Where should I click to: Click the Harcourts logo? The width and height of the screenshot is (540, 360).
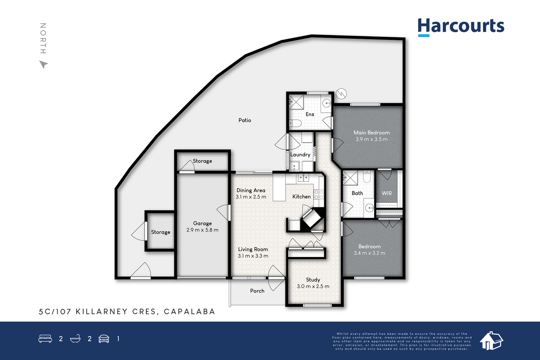pos(461,27)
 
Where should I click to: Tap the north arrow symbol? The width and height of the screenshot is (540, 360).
pos(44,64)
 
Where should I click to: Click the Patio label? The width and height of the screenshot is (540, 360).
pos(245,120)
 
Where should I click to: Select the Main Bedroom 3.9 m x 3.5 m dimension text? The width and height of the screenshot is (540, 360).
pos(372,139)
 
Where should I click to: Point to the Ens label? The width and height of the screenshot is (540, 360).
pos(310,114)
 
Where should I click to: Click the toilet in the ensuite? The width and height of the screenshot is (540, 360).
pos(295,123)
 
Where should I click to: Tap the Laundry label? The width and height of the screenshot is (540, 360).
pos(300,155)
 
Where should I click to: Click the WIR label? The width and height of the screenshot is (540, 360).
pos(387,193)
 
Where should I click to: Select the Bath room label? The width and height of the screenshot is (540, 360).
pos(357,193)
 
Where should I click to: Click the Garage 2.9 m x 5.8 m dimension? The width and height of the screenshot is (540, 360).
pos(202,230)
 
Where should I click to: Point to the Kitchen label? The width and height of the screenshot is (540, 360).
pos(302,197)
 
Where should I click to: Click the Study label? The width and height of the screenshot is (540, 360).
pos(313,280)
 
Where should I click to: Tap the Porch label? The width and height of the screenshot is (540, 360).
pos(257,291)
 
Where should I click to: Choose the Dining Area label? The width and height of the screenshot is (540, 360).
pos(251,190)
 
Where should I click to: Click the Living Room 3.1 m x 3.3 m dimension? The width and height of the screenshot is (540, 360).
pos(253,256)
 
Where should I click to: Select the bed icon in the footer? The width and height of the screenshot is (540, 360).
pos(45,338)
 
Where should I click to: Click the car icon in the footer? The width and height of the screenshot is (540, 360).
pos(104,339)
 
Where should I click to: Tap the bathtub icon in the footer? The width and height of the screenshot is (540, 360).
pos(75,338)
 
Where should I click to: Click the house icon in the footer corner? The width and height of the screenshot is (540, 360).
pos(491,341)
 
